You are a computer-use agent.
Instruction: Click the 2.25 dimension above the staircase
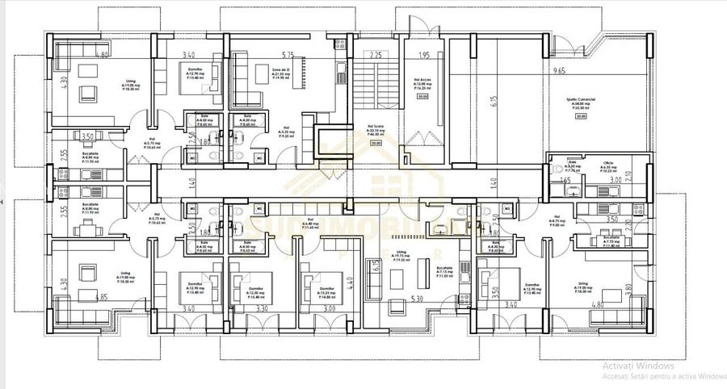tap(375, 56)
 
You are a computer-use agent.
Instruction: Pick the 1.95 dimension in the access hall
tap(424, 56)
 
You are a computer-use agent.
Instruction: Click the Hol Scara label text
tap(374, 128)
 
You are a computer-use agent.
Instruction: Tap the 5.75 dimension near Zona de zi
tap(287, 55)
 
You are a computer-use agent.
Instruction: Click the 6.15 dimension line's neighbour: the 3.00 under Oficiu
tap(616, 182)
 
